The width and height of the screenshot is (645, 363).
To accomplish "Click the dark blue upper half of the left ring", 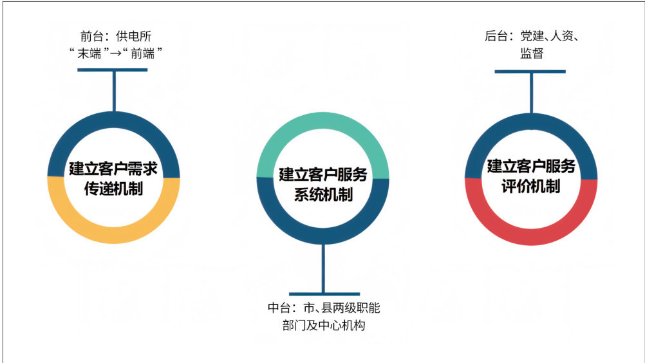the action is pos(114,121).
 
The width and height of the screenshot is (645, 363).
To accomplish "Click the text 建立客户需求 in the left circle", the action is pos(114,169).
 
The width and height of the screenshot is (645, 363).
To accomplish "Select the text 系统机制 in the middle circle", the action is pos(322,194).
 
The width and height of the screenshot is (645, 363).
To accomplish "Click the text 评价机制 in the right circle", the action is pos(531,187).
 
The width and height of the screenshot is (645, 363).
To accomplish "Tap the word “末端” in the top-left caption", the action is pos(89,55).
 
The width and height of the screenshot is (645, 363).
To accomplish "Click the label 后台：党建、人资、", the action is pos(532,36).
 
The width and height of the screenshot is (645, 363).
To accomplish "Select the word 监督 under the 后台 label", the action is pos(532,54).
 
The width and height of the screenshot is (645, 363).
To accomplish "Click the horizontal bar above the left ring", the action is pos(113,70).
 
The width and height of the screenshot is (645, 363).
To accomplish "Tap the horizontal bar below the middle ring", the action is pos(323,293).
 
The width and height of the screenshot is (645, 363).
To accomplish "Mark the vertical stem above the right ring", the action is pos(531,93).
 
